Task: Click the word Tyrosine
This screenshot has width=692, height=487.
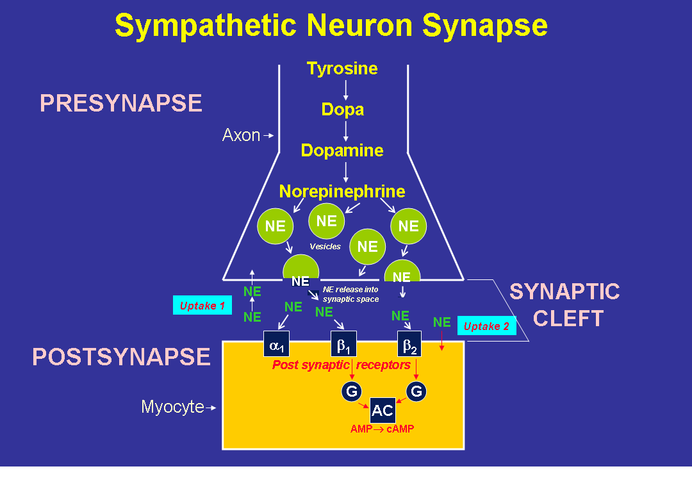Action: tap(342, 69)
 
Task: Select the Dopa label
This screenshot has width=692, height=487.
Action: tap(343, 110)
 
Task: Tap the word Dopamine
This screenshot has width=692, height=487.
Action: tap(342, 151)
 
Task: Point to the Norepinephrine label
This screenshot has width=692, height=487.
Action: tap(342, 192)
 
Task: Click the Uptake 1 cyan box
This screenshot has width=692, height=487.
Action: tap(202, 306)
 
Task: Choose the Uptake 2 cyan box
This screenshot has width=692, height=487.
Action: tap(486, 326)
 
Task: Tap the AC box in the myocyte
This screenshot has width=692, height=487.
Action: tap(383, 411)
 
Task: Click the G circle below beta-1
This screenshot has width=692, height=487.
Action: tap(352, 391)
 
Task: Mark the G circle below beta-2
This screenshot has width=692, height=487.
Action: tap(416, 391)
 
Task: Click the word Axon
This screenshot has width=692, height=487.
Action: tap(241, 135)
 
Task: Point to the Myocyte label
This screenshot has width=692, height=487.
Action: tap(172, 407)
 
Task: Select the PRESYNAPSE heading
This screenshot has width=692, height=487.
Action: tap(121, 103)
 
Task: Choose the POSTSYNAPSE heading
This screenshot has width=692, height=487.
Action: tap(122, 357)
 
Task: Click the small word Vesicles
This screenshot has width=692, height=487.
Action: tap(325, 247)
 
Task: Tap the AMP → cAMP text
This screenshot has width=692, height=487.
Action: tap(382, 429)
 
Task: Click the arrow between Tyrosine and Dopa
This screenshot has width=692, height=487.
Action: tap(346, 89)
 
